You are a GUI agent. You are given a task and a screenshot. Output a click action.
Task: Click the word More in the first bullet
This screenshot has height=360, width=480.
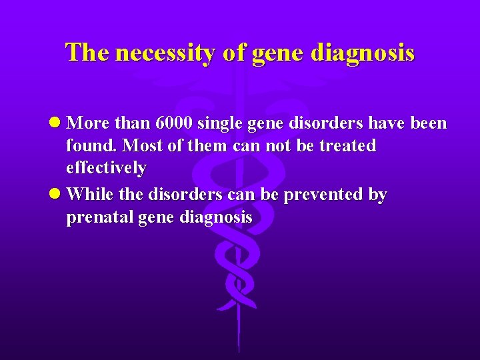click(89, 123)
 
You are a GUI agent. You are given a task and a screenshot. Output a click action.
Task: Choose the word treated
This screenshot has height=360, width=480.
click(347, 145)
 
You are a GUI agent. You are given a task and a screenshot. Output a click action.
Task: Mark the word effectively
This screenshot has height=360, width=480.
click(107, 167)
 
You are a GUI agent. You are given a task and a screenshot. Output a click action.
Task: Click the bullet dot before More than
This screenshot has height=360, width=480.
click(58, 124)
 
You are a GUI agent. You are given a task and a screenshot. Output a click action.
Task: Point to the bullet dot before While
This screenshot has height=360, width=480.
click(58, 195)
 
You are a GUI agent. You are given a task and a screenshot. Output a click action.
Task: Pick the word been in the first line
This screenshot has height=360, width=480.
click(425, 123)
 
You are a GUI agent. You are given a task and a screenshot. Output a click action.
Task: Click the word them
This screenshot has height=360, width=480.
click(209, 145)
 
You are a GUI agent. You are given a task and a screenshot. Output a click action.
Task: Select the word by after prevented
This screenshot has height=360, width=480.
click(377, 195)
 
